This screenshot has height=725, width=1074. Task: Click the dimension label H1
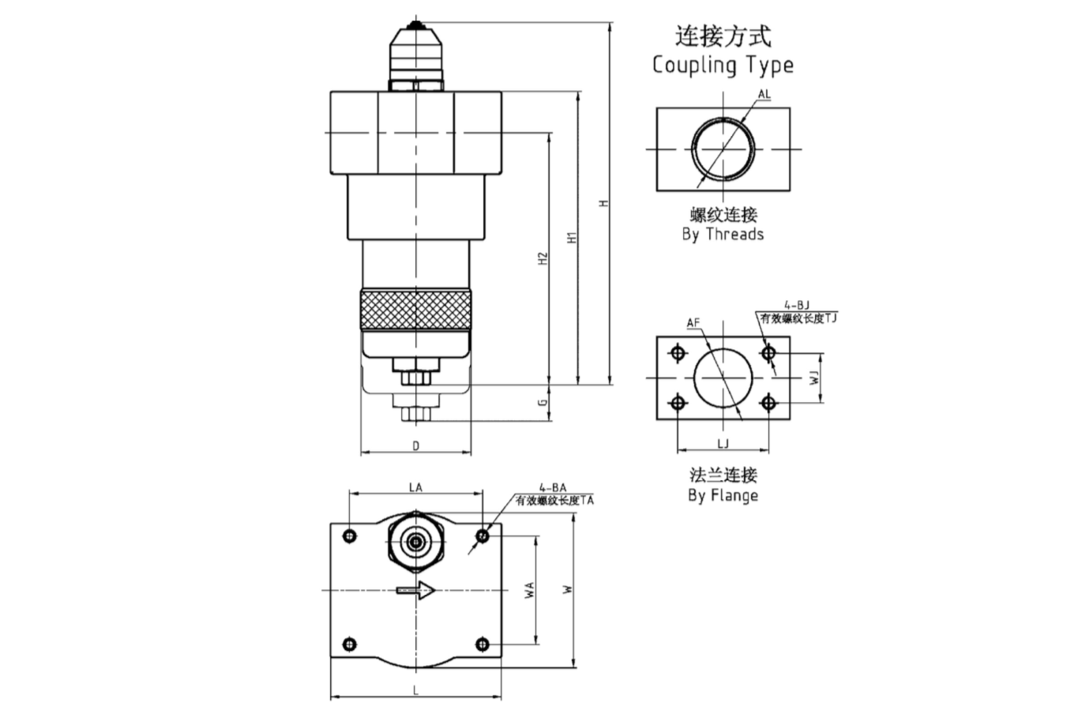click(x=574, y=237)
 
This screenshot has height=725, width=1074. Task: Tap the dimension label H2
click(x=543, y=258)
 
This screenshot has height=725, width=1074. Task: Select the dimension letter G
click(x=543, y=402)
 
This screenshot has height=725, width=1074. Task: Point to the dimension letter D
click(x=416, y=446)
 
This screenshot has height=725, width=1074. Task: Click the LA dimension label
click(x=415, y=487)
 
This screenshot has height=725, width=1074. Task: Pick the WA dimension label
click(x=530, y=590)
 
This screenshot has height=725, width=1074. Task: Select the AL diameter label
click(x=764, y=95)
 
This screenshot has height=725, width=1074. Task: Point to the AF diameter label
click(x=693, y=323)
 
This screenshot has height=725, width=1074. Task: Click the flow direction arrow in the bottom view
click(x=416, y=589)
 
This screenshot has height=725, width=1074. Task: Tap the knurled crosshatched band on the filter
click(x=416, y=310)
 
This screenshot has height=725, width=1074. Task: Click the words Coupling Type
click(x=723, y=65)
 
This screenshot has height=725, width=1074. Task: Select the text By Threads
click(x=723, y=235)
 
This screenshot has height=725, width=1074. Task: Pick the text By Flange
click(x=723, y=496)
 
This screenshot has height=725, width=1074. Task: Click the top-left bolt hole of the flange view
click(x=678, y=353)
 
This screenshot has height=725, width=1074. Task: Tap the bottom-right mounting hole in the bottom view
click(x=483, y=644)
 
